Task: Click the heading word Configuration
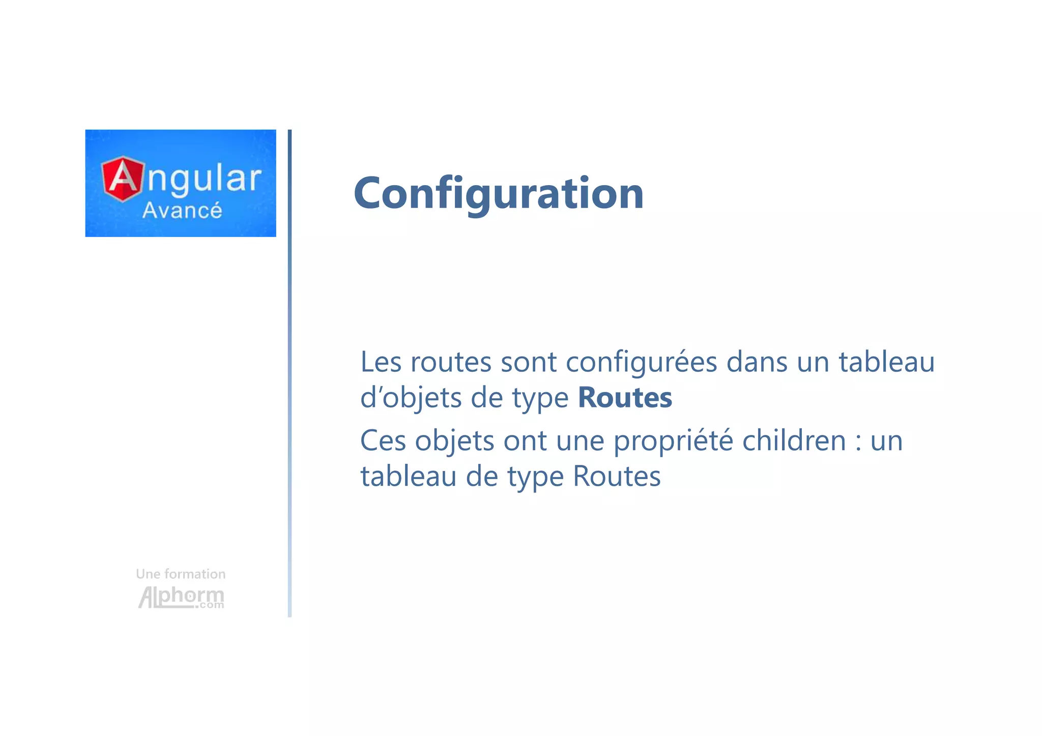(499, 193)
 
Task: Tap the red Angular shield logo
(122, 179)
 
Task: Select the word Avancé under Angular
(182, 211)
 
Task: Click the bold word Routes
(625, 398)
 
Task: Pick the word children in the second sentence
(794, 440)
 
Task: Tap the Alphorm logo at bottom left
(181, 597)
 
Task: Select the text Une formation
(181, 574)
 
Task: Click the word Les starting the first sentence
(382, 362)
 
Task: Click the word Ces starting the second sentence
(383, 440)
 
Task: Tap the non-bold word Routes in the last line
(617, 477)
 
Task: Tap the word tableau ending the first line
(886, 362)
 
